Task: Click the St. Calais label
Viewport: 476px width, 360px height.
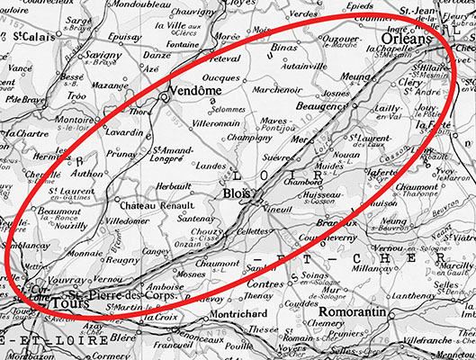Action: [32, 36]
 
